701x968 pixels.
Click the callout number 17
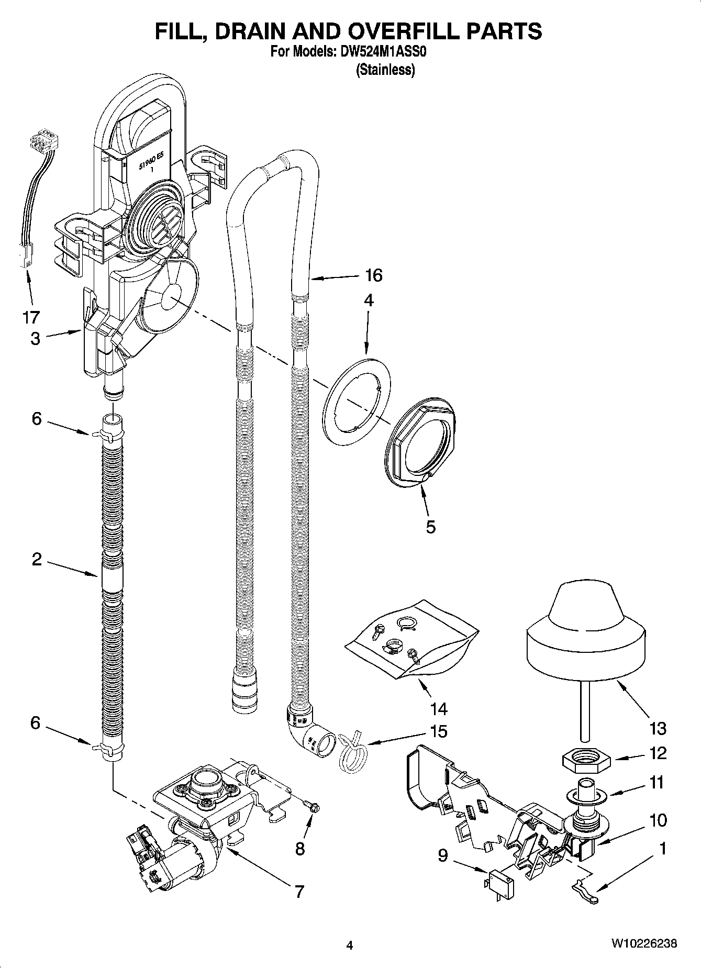[x=31, y=317]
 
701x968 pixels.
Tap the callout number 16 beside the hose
[x=373, y=275]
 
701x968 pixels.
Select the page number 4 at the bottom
[x=350, y=945]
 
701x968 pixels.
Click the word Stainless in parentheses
[x=385, y=70]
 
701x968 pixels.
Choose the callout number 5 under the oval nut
[x=430, y=527]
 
